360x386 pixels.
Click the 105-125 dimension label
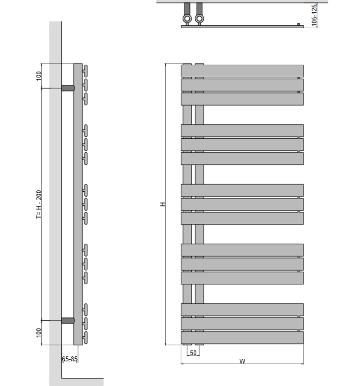tap(314, 15)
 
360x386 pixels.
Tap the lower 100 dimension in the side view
tap(39, 333)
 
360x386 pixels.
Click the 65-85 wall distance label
tap(70, 359)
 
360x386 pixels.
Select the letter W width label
tap(242, 361)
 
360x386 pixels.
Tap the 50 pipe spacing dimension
tap(193, 353)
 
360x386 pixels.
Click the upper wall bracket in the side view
tap(68, 88)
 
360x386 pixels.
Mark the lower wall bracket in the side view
tap(68, 320)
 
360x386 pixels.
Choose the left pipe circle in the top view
tap(187, 19)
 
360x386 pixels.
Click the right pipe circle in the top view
tap(199, 19)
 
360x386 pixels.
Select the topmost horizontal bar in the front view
tap(242, 71)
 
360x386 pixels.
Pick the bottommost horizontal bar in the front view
tap(242, 338)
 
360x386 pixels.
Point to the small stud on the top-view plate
tap(298, 23)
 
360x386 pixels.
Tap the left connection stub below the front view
tap(187, 347)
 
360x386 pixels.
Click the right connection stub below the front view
tap(199, 347)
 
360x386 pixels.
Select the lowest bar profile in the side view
tap(85, 338)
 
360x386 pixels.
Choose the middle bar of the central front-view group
tap(242, 204)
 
